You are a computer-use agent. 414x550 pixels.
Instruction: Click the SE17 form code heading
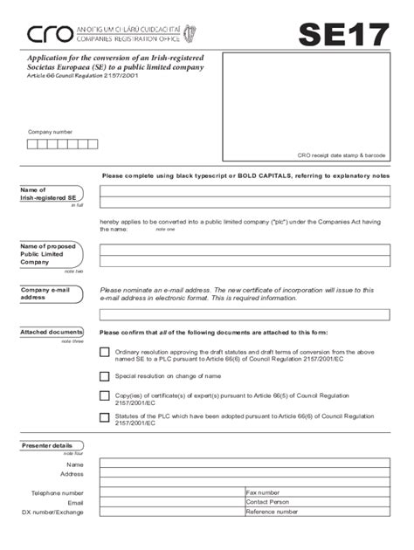343,34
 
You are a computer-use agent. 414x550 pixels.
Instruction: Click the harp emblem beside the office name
190,34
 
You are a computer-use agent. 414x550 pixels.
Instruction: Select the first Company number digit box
33,144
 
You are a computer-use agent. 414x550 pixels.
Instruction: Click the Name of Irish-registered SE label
45,194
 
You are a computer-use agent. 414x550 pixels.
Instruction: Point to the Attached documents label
52,333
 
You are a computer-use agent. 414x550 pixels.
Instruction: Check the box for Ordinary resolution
105,352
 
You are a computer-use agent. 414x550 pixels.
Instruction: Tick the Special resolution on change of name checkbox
105,376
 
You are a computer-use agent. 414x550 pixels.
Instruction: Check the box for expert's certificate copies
105,396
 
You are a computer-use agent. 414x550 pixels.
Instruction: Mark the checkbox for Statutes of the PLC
105,417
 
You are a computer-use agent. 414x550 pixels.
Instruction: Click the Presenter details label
47,446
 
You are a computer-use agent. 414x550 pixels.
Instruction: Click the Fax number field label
263,492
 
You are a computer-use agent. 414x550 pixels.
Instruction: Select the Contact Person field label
267,502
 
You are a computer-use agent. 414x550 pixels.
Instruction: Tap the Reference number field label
272,512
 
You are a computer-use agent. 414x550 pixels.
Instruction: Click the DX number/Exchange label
52,512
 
